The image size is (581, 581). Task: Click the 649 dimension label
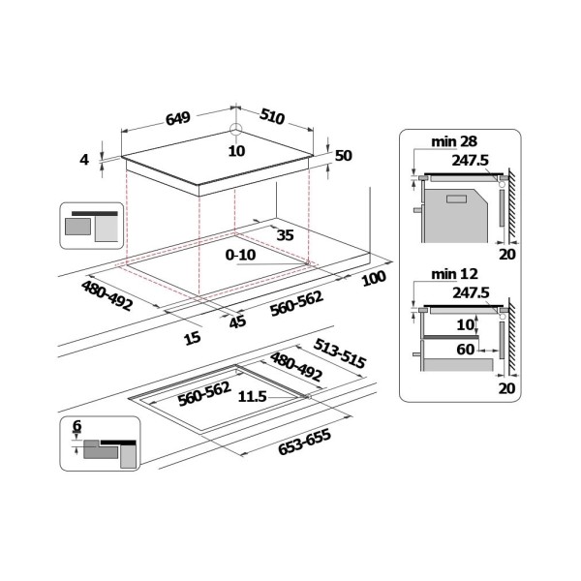[x=178, y=118]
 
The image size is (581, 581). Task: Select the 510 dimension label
[x=272, y=116]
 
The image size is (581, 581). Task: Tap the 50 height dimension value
[x=344, y=156]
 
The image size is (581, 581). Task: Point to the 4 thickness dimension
[x=84, y=160]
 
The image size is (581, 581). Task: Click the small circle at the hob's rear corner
[x=235, y=130]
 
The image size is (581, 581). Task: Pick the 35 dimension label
[x=286, y=235]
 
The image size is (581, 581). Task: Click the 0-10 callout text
[x=240, y=255]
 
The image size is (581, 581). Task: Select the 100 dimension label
[x=374, y=278]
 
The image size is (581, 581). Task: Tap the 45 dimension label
[x=237, y=321]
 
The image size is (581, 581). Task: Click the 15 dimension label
[x=193, y=338]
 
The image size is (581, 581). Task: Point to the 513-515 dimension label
[x=340, y=353]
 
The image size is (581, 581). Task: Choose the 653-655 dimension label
[x=304, y=442]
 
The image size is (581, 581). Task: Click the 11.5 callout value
[x=252, y=397]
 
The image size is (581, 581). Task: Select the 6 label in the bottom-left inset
[x=76, y=426]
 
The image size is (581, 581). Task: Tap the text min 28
[x=454, y=141]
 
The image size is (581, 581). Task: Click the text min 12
[x=455, y=274]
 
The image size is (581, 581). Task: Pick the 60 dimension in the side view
[x=466, y=349]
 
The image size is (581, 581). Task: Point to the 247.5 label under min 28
[x=471, y=160]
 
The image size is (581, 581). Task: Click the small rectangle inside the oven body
[x=456, y=199]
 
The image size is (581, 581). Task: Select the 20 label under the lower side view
[x=507, y=388]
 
